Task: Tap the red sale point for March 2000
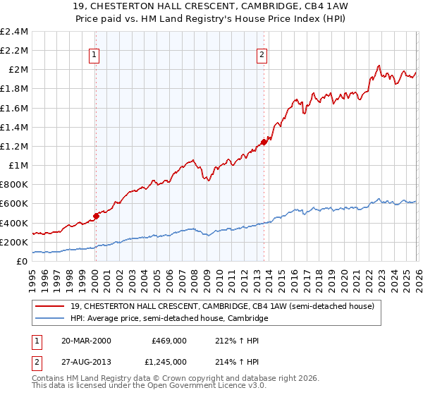[x=96, y=216]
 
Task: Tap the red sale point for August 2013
[x=263, y=142]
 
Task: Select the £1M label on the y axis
[x=18, y=166]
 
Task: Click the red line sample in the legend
[x=52, y=307]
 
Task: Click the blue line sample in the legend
[x=52, y=319]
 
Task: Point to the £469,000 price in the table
[x=169, y=340]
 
